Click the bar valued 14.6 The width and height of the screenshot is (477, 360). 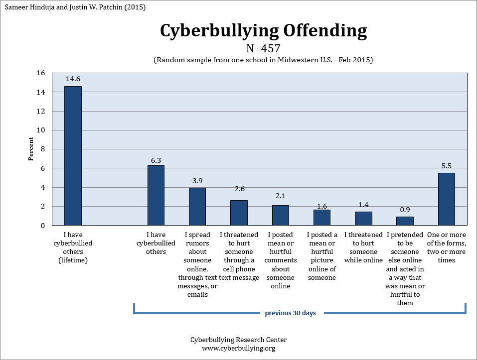[x=73, y=156]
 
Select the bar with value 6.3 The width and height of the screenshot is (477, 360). [x=156, y=195]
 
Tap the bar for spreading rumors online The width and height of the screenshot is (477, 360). [x=197, y=207]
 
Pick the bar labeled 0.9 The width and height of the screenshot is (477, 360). [x=405, y=221]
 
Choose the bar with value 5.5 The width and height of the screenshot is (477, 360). [x=446, y=199]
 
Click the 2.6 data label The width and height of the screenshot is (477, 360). [x=239, y=189]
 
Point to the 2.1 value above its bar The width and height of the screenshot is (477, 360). [x=281, y=196]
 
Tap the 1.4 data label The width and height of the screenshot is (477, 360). [x=363, y=205]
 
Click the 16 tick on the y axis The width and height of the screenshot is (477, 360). [x=41, y=73]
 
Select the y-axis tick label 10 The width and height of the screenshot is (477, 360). [x=41, y=130]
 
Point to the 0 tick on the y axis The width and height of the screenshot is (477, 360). [x=42, y=226]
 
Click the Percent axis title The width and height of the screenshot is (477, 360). [x=31, y=148]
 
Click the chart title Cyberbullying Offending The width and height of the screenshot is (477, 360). [x=264, y=31]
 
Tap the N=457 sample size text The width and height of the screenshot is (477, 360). [x=263, y=48]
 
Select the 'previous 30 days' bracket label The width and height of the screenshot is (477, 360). [x=290, y=313]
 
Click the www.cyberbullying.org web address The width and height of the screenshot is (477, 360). [x=238, y=348]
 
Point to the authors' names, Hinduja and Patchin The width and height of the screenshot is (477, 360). [x=75, y=7]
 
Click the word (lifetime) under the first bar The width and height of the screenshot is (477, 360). [x=73, y=260]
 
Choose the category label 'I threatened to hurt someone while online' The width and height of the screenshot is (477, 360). [x=363, y=247]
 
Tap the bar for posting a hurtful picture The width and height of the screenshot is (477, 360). [x=322, y=218]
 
